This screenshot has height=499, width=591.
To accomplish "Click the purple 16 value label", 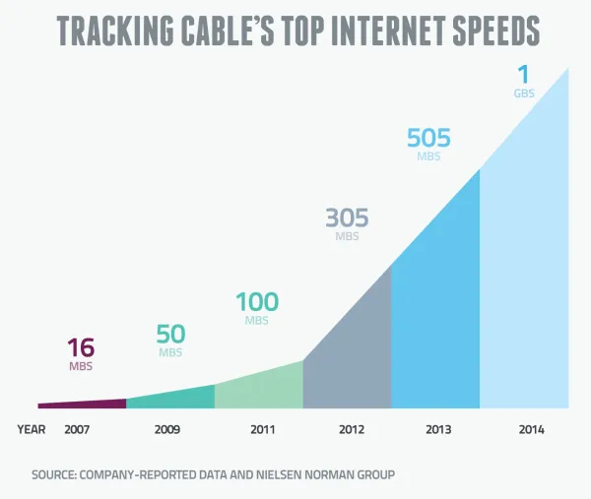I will [80, 348].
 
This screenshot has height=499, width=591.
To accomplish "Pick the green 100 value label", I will [256, 302].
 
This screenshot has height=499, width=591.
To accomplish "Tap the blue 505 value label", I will [429, 139].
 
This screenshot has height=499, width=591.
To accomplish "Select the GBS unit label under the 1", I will [524, 94].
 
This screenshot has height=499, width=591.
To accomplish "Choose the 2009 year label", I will [168, 430].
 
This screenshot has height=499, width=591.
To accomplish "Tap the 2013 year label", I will [438, 430].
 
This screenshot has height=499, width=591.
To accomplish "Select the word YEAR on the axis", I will [32, 430].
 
